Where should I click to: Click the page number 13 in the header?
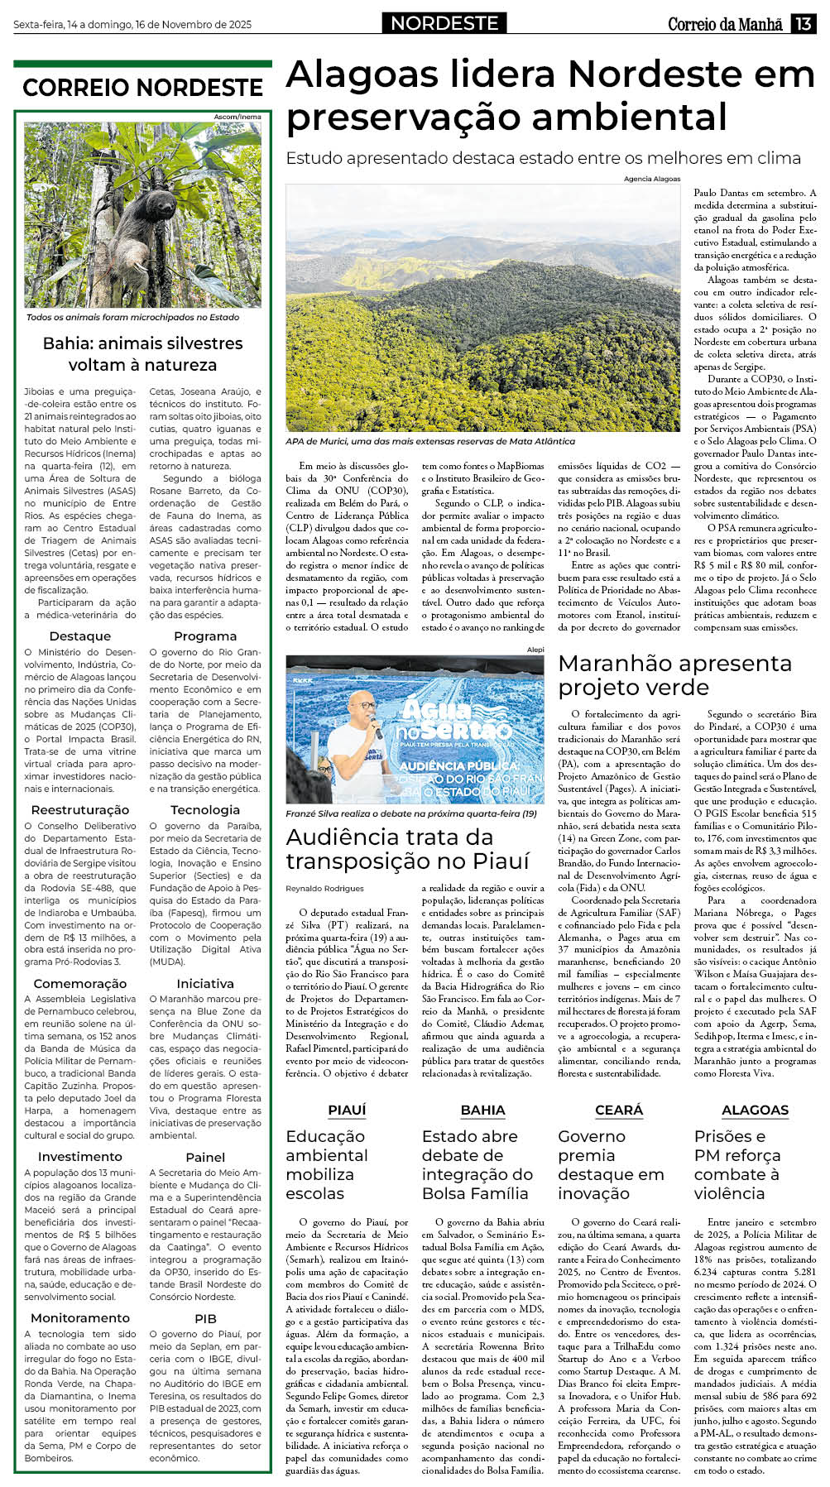(x=803, y=24)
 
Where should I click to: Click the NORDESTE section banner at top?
(x=444, y=24)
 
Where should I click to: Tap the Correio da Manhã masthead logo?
(x=725, y=24)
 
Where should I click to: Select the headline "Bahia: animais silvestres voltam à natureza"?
(x=142, y=354)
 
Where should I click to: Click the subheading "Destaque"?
(x=79, y=636)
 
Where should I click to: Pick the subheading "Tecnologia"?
(x=205, y=810)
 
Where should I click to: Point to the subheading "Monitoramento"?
(x=80, y=1317)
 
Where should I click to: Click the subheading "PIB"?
(x=205, y=1318)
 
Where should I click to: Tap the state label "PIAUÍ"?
(x=347, y=1110)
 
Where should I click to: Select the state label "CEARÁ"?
(x=619, y=1110)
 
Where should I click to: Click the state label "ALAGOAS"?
(x=755, y=1110)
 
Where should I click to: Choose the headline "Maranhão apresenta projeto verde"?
(x=674, y=675)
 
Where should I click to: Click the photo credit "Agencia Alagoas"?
(x=651, y=179)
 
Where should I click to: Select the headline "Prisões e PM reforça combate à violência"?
(x=736, y=1165)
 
